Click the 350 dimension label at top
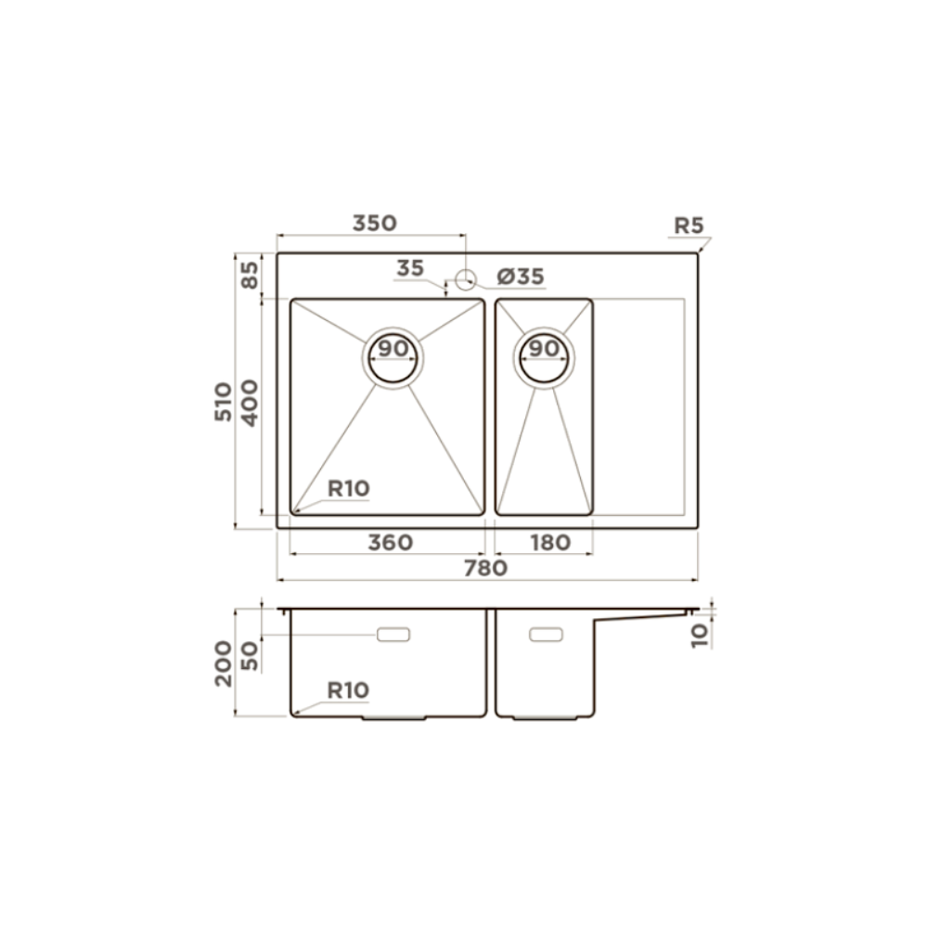pyautogui.click(x=375, y=223)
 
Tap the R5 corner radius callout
pyautogui.click(x=689, y=226)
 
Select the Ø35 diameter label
pyautogui.click(x=521, y=277)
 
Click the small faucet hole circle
pyautogui.click(x=466, y=279)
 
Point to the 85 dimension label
pyautogui.click(x=251, y=276)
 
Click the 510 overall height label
pyautogui.click(x=223, y=402)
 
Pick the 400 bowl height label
pyautogui.click(x=251, y=403)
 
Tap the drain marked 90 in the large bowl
pyautogui.click(x=393, y=358)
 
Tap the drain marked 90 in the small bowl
pyautogui.click(x=544, y=358)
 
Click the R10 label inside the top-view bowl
pyautogui.click(x=349, y=489)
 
